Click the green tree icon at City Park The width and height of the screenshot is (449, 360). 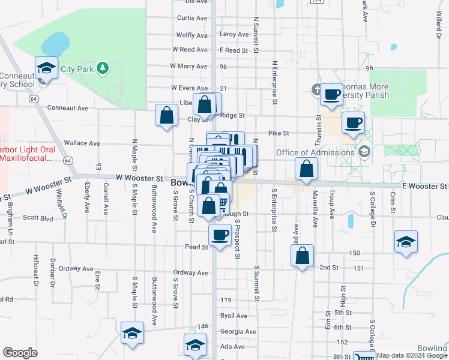coord(103,68)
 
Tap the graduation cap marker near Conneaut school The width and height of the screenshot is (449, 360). coord(46,68)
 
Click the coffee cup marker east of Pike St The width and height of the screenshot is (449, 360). coord(353,122)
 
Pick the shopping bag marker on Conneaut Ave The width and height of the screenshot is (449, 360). coord(166,116)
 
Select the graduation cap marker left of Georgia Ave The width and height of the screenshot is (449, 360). coord(132,334)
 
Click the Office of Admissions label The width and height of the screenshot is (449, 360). coord(315,152)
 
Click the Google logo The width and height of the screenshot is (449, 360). coord(20,353)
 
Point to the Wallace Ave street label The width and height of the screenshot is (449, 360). coord(82,143)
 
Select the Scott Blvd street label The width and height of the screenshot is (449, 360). coord(38,218)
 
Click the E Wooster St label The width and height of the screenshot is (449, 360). coord(424,187)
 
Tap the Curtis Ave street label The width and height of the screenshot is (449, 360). coord(192,18)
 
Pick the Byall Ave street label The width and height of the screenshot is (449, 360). coord(234,316)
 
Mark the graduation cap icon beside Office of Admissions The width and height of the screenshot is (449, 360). coord(363,152)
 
